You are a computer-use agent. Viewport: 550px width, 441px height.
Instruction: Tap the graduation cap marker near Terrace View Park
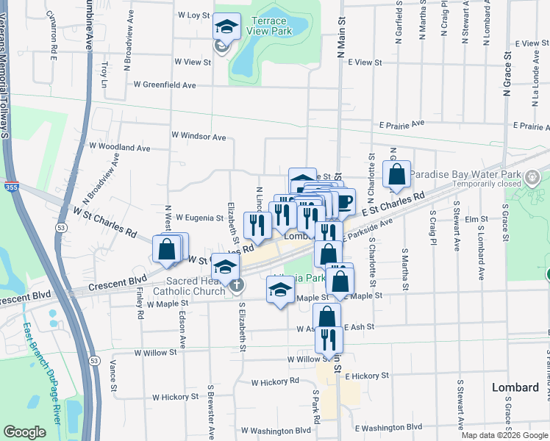point(227,29)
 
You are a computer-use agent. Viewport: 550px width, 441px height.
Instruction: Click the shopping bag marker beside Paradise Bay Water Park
point(396,175)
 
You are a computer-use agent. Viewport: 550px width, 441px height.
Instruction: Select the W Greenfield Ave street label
point(164,85)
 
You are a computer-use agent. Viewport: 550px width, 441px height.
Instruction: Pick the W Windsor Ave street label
point(199,136)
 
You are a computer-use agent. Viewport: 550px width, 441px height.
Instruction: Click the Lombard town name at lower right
point(515,387)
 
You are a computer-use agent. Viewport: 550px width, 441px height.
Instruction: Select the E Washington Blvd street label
point(388,427)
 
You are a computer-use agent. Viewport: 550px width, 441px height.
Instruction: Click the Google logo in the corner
point(25,432)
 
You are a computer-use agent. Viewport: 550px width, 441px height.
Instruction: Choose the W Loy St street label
point(194,15)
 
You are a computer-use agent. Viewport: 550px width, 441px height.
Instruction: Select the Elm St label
point(482,219)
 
